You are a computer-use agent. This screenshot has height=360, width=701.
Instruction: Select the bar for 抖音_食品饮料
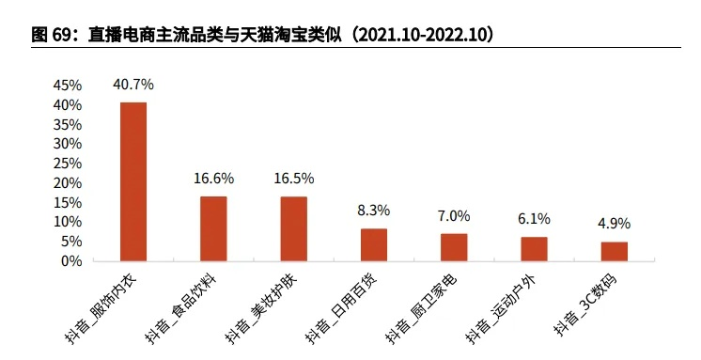[213, 228]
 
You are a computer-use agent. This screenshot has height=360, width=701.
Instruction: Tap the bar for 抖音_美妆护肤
[294, 228]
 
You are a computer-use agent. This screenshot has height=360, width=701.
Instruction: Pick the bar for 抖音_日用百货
[374, 244]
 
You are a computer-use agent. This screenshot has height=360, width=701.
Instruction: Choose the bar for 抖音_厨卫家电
[454, 247]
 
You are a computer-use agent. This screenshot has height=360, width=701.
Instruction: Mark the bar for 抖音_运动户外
[534, 249]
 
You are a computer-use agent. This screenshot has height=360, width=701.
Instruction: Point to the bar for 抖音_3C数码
[615, 251]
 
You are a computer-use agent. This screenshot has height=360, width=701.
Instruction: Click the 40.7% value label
[133, 85]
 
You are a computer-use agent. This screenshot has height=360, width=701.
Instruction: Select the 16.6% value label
[213, 178]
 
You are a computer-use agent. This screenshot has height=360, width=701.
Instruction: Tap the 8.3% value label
[374, 211]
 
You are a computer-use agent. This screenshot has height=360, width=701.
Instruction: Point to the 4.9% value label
[615, 224]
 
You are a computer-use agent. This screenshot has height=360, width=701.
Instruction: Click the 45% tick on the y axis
[68, 86]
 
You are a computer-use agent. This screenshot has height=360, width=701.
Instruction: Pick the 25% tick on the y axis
[68, 164]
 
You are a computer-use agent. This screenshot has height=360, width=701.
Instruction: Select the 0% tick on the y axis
[71, 260]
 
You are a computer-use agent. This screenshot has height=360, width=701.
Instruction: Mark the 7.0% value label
[454, 215]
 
